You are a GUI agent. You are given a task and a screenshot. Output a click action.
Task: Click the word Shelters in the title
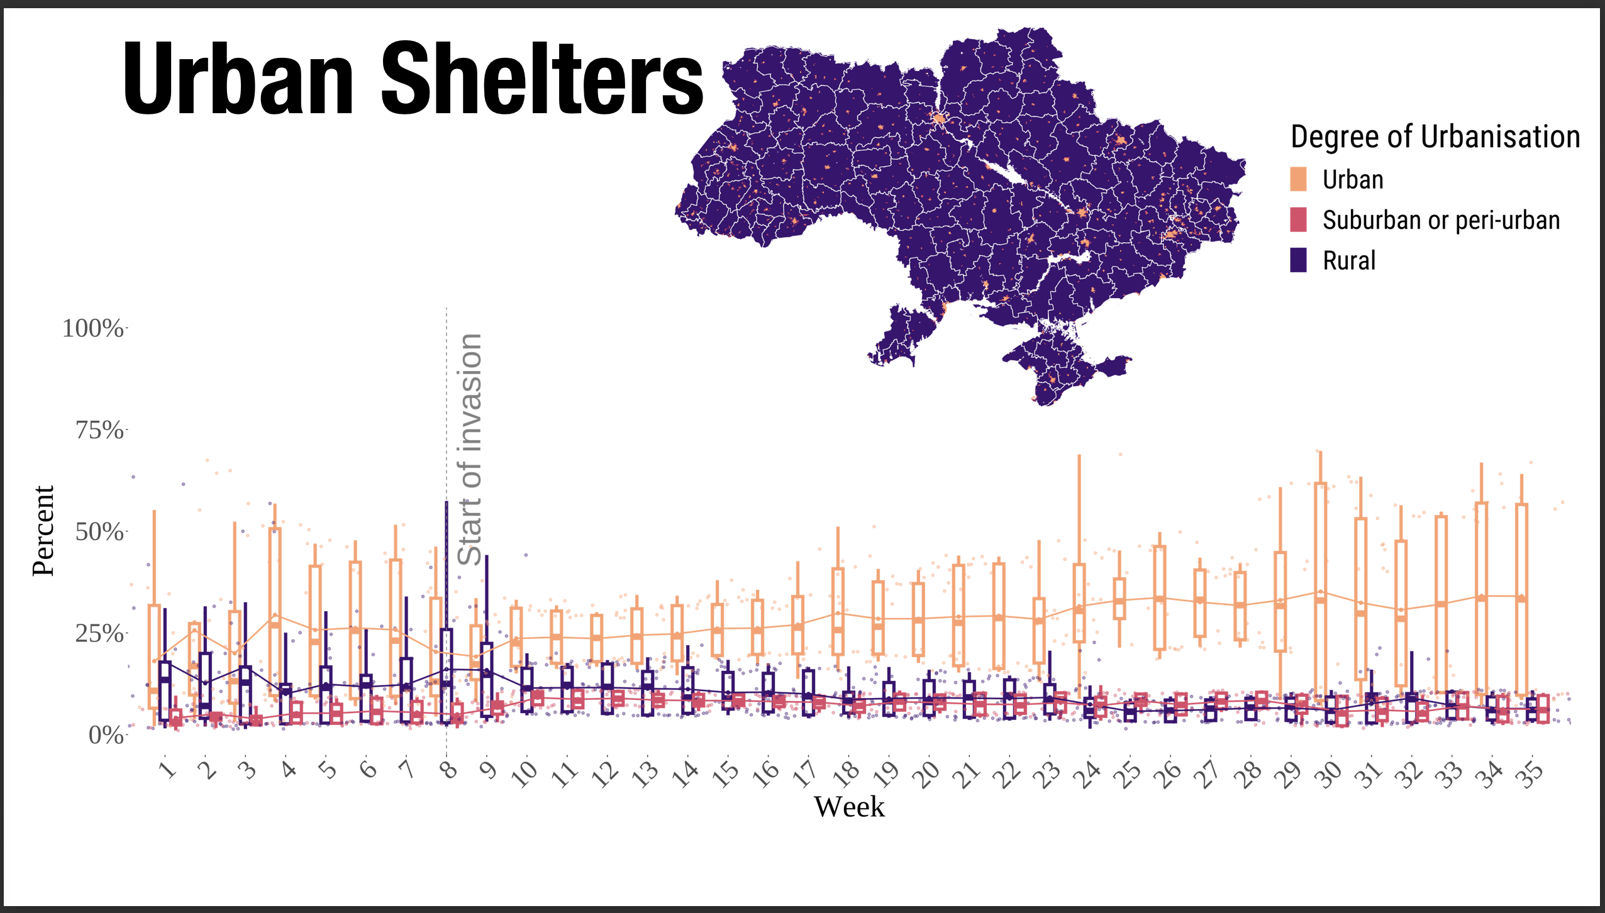[x=542, y=79]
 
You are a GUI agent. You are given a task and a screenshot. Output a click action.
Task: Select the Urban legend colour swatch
[x=1298, y=179]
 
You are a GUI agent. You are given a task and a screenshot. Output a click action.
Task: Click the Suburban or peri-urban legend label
[x=1441, y=220]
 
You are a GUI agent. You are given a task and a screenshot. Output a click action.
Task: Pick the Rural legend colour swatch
[x=1298, y=260]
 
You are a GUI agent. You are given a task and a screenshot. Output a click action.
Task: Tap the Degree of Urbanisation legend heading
[x=1435, y=136]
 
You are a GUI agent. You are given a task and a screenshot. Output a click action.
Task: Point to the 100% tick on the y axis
[x=93, y=328]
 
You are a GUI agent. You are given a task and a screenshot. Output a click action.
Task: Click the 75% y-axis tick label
[x=99, y=431]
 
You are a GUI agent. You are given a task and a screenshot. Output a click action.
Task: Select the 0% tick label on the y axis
[x=106, y=734]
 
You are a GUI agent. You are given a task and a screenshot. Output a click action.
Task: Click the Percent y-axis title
[x=43, y=531]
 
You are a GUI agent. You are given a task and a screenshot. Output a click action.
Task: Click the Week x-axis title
[x=849, y=807]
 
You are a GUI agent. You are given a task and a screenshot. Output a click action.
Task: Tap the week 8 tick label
[x=448, y=770]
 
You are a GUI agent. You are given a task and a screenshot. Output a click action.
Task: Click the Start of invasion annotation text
[x=469, y=450]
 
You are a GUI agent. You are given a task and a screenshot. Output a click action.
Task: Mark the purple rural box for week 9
[x=487, y=679]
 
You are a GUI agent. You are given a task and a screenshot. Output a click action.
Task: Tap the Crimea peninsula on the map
[x=1057, y=365]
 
